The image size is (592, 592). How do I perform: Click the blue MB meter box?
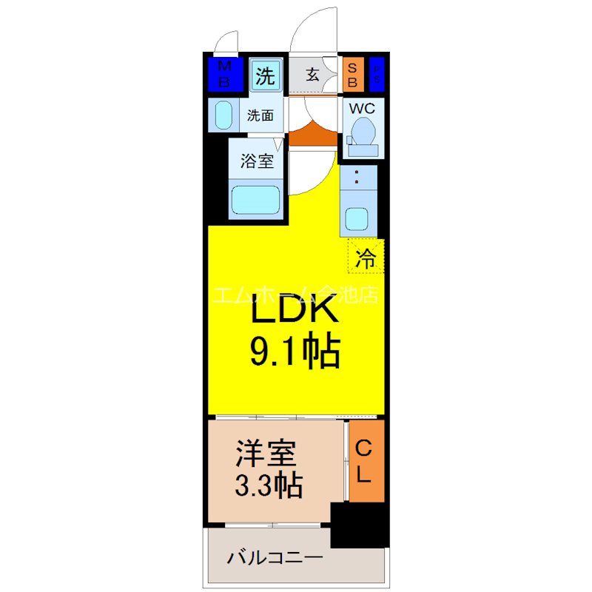(x=223, y=75)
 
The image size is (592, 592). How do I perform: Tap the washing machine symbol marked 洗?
(x=265, y=75)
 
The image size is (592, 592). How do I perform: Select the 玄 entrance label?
(x=313, y=75)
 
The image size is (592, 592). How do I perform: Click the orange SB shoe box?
(x=352, y=75)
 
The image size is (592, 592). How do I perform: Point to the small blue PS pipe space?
(x=377, y=75)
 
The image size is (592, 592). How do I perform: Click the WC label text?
(x=362, y=108)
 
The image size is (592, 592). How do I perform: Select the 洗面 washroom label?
(x=260, y=115)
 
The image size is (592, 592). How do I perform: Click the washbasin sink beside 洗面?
(x=223, y=116)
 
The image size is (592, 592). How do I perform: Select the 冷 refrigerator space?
(x=366, y=258)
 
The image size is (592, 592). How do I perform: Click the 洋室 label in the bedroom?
(x=266, y=453)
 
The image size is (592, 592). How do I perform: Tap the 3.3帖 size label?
(x=268, y=485)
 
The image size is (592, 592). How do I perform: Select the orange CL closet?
(x=366, y=460)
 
